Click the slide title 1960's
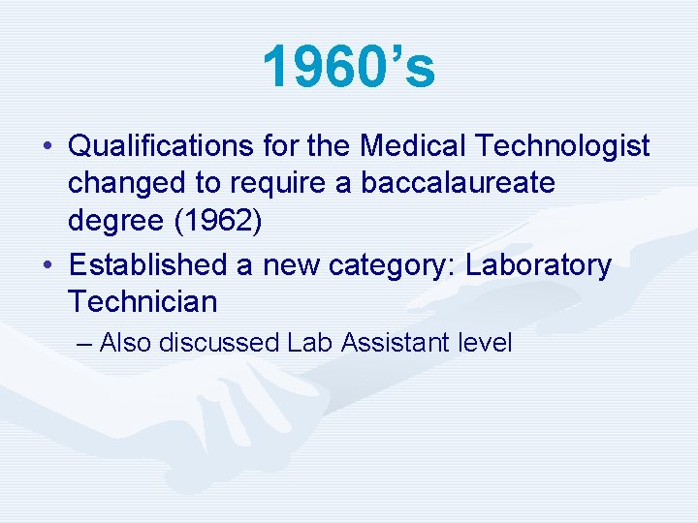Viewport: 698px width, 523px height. click(x=349, y=67)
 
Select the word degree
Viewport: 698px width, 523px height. click(x=108, y=221)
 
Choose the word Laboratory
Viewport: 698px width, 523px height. click(x=539, y=265)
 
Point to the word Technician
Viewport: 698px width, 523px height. click(x=143, y=302)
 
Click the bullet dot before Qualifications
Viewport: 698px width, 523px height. click(x=48, y=147)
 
